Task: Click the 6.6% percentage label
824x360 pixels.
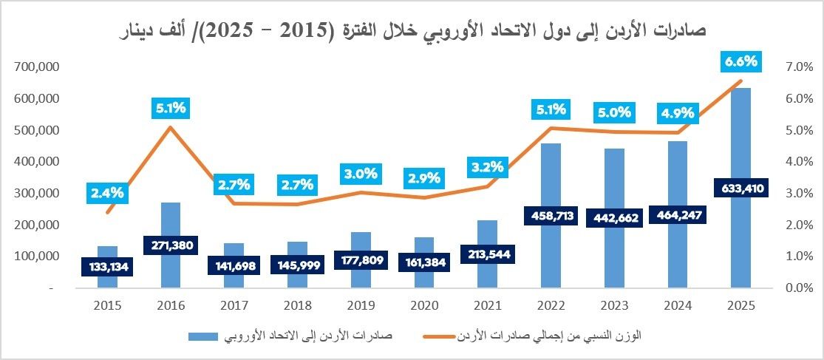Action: (741, 61)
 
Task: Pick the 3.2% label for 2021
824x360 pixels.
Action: (487, 166)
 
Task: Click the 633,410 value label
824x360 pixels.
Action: (741, 187)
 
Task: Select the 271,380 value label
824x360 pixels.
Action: (170, 245)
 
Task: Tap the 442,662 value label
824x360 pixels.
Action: (614, 217)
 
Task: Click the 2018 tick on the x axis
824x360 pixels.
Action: (297, 305)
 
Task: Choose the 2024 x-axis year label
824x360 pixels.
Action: (678, 305)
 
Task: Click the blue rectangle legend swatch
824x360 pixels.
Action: (202, 336)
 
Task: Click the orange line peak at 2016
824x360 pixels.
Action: (170, 126)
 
